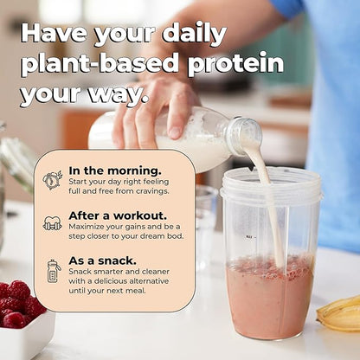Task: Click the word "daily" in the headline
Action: click(187, 35)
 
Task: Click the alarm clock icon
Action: click(53, 180)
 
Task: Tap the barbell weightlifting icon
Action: click(53, 223)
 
